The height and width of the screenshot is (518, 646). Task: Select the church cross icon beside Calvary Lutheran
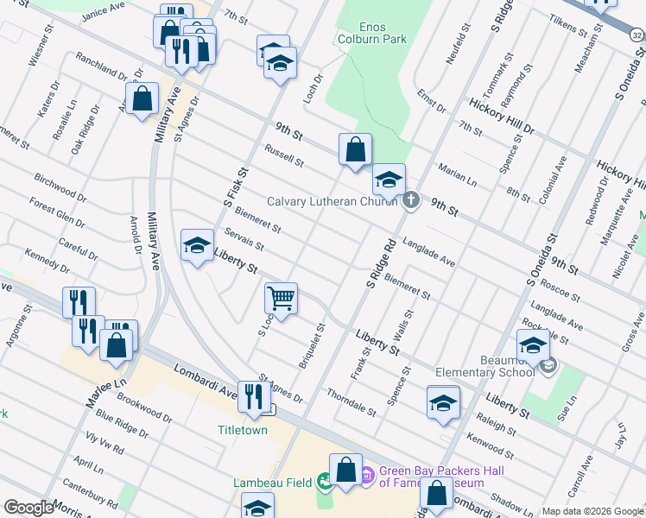click(411, 200)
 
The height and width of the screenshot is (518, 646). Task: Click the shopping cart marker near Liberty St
click(282, 298)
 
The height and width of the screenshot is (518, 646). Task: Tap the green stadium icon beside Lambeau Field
click(325, 480)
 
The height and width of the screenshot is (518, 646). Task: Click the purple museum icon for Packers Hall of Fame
click(365, 473)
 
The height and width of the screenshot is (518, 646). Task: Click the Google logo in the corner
click(28, 507)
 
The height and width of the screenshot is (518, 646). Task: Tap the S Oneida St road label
click(542, 260)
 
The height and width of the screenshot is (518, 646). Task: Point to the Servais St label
click(244, 238)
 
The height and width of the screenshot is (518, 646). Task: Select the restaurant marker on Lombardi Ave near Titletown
click(253, 395)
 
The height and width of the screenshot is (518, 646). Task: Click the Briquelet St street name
click(311, 346)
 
